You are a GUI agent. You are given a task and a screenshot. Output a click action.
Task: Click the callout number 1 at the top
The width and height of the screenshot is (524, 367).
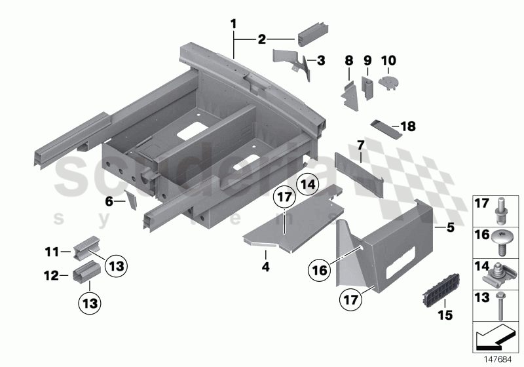click(233, 24)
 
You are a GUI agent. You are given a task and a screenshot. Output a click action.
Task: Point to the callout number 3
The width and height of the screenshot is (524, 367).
click(320, 61)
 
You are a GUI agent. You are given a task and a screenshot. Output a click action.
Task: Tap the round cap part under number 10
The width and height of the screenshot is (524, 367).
click(388, 82)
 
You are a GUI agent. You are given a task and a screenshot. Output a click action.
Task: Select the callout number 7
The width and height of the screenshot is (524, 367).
click(360, 144)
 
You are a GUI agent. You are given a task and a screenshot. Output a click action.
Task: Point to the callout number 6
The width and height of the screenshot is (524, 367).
click(109, 203)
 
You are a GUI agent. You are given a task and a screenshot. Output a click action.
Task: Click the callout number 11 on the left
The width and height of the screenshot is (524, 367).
click(49, 251)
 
